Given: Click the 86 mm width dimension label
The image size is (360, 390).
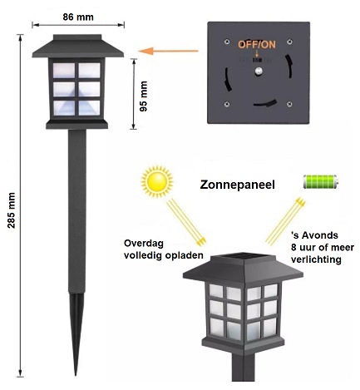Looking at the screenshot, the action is point(78,17).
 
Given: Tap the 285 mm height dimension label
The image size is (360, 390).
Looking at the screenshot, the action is point(12,210).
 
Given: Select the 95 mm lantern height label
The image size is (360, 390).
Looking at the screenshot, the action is point(144,96).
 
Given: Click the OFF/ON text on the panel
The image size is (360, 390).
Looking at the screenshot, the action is point(257,45).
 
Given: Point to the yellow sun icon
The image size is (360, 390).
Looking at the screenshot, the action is point(157,182).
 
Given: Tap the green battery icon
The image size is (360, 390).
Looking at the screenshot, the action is point(321,182).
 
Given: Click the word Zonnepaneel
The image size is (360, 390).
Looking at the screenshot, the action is point(237,185).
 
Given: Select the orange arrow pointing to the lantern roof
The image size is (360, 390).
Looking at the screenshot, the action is point(168,51).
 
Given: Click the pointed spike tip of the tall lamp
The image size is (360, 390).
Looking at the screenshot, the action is point(76,375).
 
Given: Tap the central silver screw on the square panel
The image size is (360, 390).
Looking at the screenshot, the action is point(259,72).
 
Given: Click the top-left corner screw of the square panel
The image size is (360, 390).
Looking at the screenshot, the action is point(227,42).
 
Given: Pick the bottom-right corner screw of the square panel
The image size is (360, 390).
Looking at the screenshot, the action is point(289,104).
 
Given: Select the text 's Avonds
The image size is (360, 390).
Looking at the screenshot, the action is point(314,235).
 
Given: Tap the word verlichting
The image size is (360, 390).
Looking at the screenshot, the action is point(316,259).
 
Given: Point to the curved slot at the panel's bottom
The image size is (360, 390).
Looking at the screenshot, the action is point(265,103).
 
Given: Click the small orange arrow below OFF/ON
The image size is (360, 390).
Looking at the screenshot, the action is point(257,53).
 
